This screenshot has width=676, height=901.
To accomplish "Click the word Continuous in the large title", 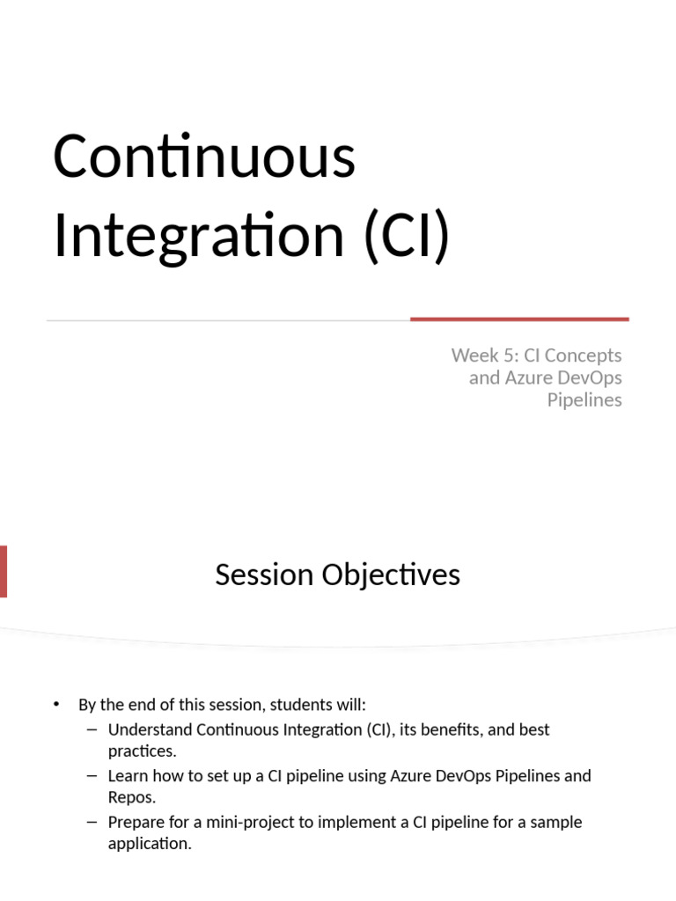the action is coord(204,156).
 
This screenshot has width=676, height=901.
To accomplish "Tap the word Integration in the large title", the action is coord(199,236).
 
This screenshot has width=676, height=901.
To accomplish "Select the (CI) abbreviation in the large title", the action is coord(407,236).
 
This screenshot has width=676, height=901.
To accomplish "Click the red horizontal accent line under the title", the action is coord(519,319).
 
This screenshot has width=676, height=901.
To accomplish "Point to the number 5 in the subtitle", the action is coord(510,355).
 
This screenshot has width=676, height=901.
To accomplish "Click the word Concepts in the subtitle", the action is coord(583,355).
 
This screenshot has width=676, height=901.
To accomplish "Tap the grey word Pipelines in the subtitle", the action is coord(584,400).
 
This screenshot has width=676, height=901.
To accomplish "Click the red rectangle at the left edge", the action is coord(4,572).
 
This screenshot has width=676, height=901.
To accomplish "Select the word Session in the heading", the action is coord(264,575).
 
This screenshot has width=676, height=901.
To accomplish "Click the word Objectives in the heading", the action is coord(391,575).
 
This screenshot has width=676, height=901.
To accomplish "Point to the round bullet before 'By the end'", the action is coord(56,705).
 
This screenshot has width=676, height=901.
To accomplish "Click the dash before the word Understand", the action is coord(92,729).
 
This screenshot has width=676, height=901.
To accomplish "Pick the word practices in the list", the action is coord(142,751).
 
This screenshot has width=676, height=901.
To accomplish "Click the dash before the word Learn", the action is coord(92,776).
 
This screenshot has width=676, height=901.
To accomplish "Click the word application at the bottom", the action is coord(150,844).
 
